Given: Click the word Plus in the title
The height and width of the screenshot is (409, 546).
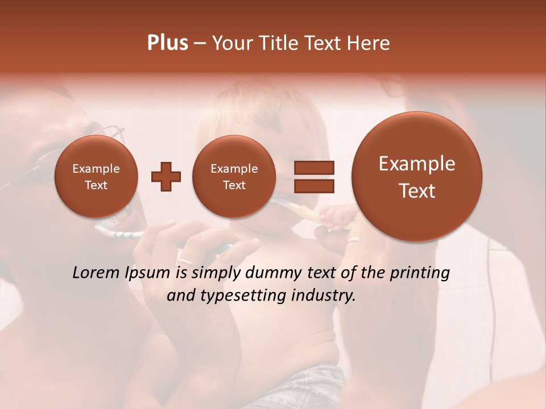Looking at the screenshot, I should pos(167,43).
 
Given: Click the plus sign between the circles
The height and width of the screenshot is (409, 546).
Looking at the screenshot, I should pos(166,177).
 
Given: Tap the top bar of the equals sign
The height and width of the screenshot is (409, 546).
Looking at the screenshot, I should pos(314,168).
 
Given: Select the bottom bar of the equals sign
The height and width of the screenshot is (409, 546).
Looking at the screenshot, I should pos(314,186).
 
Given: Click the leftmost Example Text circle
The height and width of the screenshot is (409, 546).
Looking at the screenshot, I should pos(96,177).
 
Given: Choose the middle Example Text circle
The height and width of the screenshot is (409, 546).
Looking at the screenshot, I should pos(234,177).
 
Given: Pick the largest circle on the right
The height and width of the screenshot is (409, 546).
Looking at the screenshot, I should pos(417,177).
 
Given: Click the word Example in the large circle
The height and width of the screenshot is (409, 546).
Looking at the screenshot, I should pos(417,164).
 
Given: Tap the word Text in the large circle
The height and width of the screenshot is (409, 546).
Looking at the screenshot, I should pos(417,191).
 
